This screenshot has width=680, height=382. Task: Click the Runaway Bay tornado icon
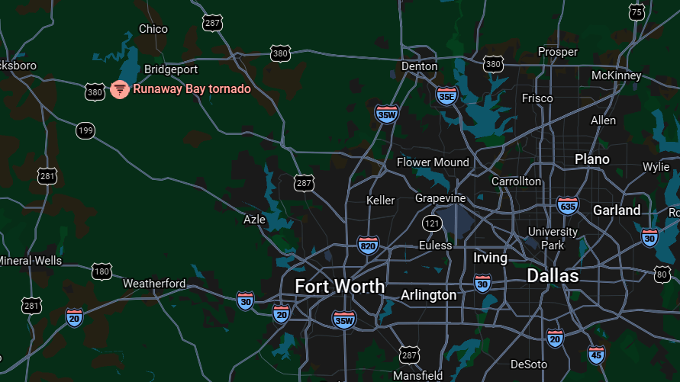(119, 89)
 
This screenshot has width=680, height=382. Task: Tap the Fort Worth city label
(340, 286)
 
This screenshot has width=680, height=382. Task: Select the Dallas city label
(553, 275)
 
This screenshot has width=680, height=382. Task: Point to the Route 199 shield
(85, 130)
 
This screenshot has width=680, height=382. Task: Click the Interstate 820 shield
(368, 245)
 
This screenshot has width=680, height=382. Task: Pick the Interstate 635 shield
(567, 205)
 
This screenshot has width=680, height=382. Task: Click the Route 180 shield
(102, 271)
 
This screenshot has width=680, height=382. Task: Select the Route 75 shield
(636, 11)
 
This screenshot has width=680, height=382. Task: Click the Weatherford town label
(154, 284)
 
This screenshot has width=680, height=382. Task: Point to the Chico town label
(153, 29)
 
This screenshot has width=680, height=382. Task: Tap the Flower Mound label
(433, 162)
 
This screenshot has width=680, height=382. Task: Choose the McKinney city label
(616, 75)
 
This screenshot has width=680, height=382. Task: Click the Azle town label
(254, 220)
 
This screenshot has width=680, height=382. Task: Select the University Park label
(553, 238)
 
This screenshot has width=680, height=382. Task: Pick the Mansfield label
(417, 375)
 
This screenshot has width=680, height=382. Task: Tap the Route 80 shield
(662, 273)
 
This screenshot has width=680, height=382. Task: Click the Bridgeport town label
(171, 69)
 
